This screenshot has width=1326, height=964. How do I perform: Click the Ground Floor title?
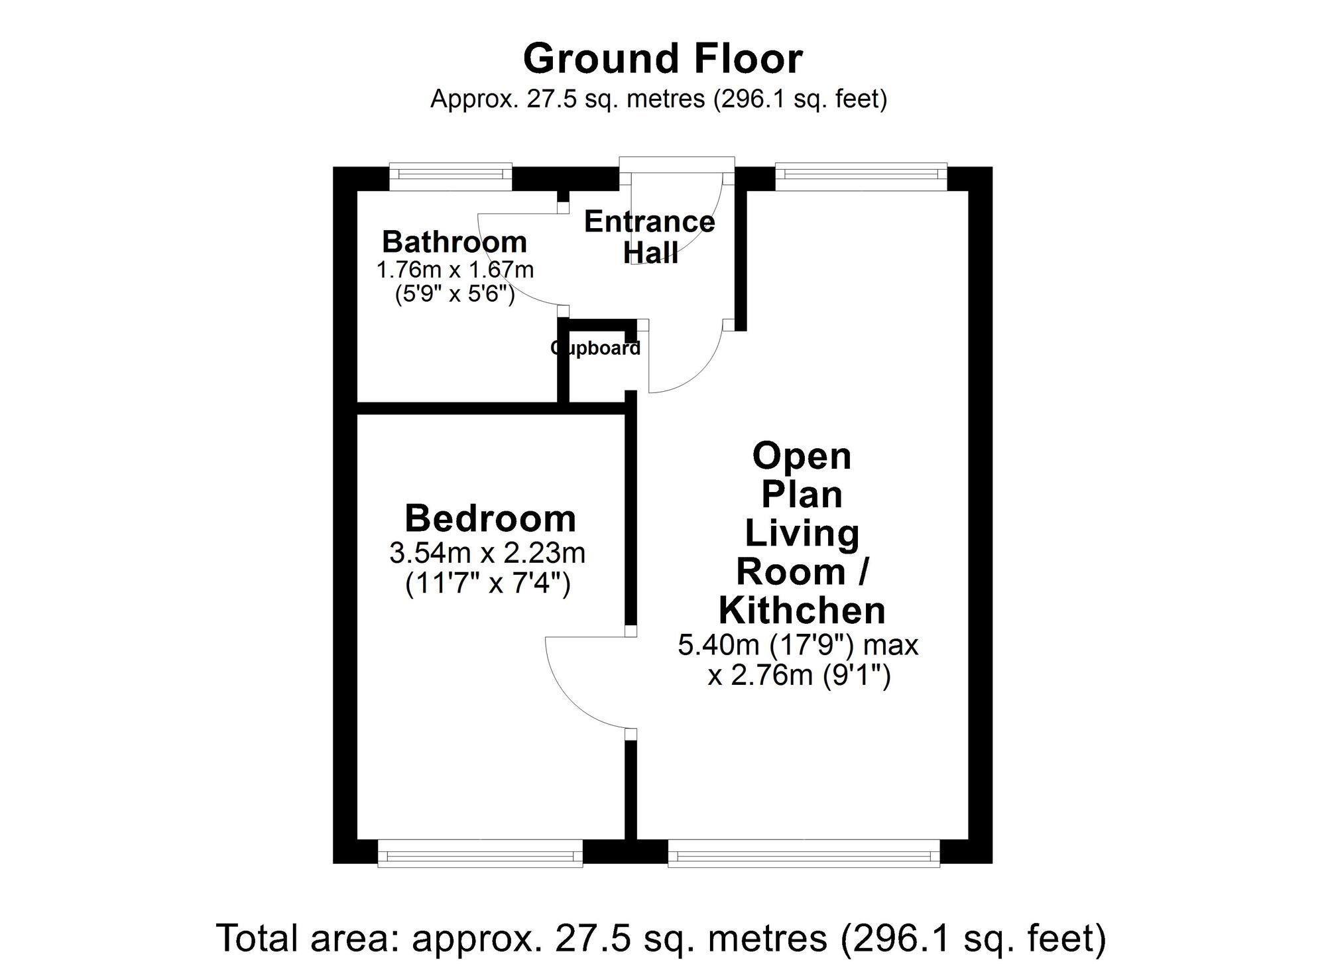[x=662, y=58]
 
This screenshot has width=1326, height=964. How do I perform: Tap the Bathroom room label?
[x=454, y=242]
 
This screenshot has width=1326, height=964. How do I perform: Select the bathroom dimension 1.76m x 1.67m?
[x=455, y=270]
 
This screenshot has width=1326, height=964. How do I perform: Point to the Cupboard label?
[x=595, y=348]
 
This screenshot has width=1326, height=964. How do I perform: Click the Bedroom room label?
[x=490, y=518]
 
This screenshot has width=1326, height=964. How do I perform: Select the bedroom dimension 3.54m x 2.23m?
[x=487, y=552]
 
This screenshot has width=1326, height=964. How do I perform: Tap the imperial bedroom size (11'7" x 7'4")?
[x=487, y=584]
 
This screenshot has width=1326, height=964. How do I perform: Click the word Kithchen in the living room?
[x=802, y=611]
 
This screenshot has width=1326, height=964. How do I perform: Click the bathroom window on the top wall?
[x=451, y=175]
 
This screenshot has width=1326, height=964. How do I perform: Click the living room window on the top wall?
[x=861, y=175]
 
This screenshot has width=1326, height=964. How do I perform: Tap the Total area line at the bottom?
[x=662, y=937]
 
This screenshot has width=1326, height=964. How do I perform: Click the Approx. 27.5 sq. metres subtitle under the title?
[x=658, y=99]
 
